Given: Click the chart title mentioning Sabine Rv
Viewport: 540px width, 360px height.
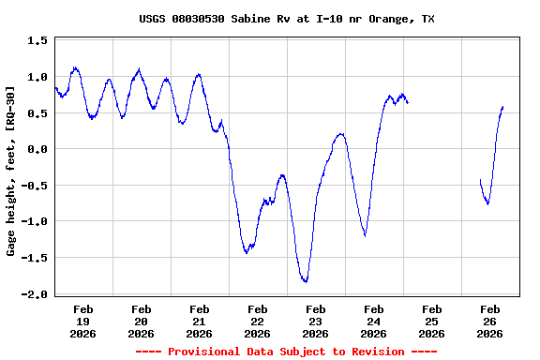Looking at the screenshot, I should [286, 19].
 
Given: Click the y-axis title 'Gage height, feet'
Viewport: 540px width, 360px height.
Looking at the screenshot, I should [10, 171].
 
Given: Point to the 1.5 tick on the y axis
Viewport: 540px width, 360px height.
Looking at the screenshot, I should [37, 41].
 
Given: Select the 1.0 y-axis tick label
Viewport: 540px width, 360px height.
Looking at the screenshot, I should [37, 77].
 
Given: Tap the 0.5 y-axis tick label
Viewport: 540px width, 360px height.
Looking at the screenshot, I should [37, 113].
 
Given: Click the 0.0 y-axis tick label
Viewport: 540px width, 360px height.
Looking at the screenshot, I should [37, 149].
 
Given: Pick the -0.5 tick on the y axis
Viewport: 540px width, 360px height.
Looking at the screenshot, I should [34, 186].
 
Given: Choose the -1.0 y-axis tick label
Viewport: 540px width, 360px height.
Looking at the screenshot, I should [34, 222].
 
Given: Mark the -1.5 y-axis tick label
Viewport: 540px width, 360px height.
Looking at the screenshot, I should [34, 258].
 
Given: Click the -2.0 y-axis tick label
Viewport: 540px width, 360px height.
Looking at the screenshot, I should [34, 294].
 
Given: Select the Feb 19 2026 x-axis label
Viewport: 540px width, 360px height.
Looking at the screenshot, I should [82, 321].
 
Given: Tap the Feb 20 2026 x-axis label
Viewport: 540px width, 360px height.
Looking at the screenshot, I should [141, 321].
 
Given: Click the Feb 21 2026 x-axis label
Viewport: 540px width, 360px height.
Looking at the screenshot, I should [199, 321].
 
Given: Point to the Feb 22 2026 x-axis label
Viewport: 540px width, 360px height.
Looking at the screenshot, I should [257, 321].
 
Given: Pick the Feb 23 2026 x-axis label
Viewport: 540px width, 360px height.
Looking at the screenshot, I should [315, 321].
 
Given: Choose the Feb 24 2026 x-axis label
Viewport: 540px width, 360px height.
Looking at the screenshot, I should [373, 321].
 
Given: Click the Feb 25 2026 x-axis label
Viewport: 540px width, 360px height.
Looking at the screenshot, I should [431, 321].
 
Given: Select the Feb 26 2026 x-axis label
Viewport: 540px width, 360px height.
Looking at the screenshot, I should [489, 321].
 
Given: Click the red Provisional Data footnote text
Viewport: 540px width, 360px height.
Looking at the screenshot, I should [286, 352].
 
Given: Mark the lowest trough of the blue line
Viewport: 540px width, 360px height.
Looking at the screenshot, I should [305, 280].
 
